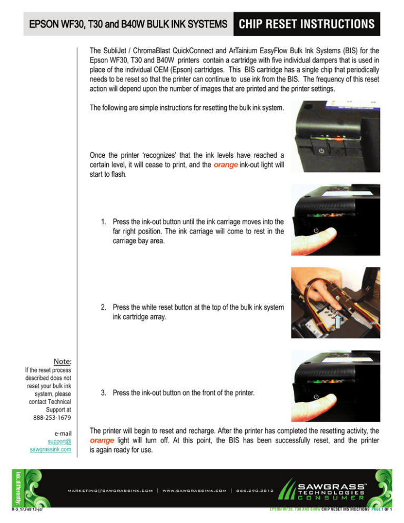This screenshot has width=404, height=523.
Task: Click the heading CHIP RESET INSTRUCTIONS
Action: click(x=307, y=24)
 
